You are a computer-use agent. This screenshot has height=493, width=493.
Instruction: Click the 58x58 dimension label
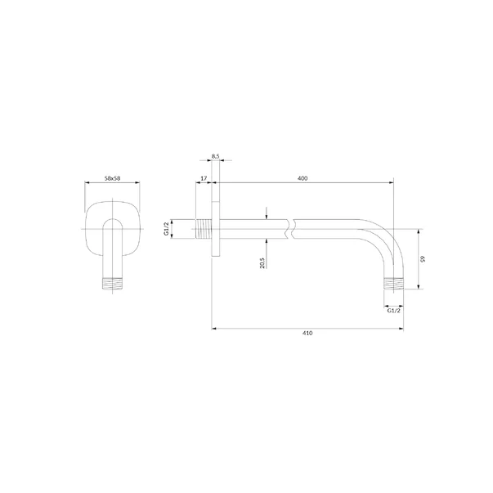point(112,178)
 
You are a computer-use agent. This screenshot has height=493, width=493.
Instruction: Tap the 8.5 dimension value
point(215,156)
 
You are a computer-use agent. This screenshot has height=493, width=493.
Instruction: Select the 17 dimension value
point(204,178)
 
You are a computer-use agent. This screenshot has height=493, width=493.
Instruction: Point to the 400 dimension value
point(303,178)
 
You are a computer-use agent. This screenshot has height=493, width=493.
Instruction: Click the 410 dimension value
point(307,333)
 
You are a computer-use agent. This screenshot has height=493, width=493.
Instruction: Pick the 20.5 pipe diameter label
point(262,262)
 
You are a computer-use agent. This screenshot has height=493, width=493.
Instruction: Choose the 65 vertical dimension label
point(423,258)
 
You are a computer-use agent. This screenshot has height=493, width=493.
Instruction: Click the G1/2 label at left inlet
point(166,229)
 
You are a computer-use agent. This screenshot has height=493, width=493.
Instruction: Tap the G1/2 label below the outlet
point(393,311)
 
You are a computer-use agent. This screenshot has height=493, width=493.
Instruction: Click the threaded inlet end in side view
point(204,229)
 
